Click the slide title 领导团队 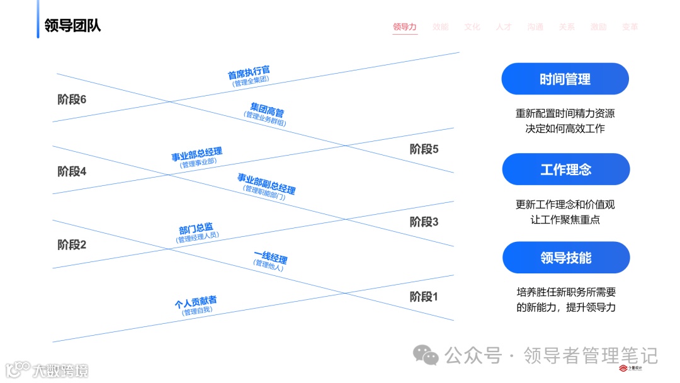coord(72,26)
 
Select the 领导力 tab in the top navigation coord(405,27)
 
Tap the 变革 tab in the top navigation coord(630,27)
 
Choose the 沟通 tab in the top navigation coord(535,27)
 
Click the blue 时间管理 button coord(565,79)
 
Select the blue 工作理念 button coord(565,169)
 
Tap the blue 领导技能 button coord(565,258)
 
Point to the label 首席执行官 coord(249,72)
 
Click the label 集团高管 coord(267,109)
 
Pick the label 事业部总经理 coord(196,154)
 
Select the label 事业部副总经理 coord(266,183)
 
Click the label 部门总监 coord(196,229)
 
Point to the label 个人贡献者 coord(196,302)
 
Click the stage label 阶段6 coord(72,100)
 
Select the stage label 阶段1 coord(424,297)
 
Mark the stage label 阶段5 coord(424,149)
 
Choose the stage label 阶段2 coord(72,244)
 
